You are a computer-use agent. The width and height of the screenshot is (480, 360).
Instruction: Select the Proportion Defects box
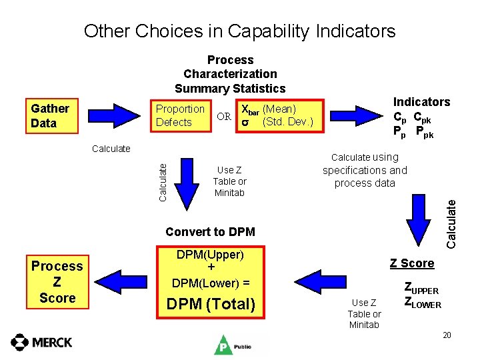(179, 115)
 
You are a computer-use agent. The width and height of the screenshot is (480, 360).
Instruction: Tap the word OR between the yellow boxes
(224, 117)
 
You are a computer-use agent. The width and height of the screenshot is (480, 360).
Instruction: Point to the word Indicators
(421, 101)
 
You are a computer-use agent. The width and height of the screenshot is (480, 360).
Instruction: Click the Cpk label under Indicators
(422, 117)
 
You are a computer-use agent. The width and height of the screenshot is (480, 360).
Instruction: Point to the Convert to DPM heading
(210, 232)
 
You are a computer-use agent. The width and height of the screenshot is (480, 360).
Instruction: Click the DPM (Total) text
(211, 305)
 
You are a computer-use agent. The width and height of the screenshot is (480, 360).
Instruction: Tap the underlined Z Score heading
(412, 263)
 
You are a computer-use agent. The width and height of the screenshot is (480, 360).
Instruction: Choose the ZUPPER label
(421, 289)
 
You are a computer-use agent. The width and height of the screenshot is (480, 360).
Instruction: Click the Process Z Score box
(57, 281)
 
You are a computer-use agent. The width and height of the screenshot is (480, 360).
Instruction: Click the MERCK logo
(41, 342)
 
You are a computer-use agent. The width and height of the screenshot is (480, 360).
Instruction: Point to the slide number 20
(447, 335)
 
